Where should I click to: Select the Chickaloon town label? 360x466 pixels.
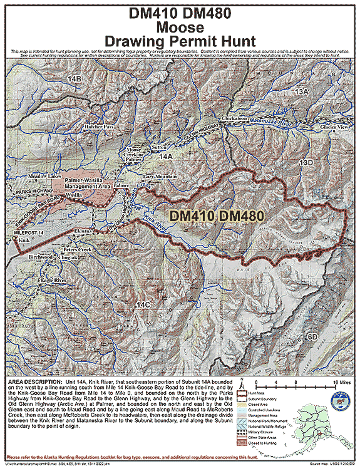(x=234, y=118)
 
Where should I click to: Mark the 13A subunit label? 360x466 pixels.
(x=303, y=91)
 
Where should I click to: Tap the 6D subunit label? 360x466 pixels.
(x=312, y=337)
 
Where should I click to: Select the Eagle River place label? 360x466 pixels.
(x=53, y=279)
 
